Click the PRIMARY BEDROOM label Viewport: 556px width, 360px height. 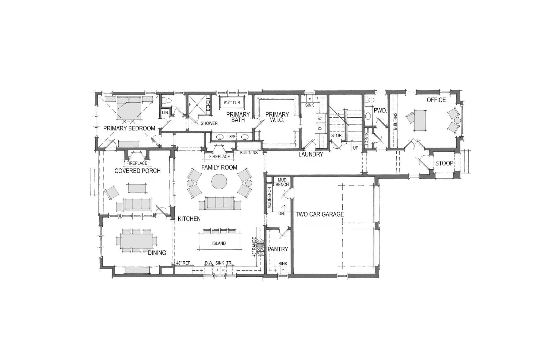click(129, 128)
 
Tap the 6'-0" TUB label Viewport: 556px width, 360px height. click(232, 103)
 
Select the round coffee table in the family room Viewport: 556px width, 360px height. click(219, 181)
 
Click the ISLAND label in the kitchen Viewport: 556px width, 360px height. click(219, 243)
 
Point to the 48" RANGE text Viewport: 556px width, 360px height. click(254, 247)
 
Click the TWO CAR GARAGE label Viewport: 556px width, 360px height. click(320, 214)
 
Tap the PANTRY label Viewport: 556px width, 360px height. click(278, 249)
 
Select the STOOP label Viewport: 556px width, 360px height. click(444, 163)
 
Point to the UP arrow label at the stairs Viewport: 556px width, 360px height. click(355, 148)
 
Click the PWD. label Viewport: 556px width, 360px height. click(380, 111)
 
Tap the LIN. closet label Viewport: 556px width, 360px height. click(165, 112)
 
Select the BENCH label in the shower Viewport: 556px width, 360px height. click(208, 104)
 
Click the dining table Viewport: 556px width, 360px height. click(137, 241)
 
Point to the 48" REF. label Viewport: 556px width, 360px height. click(183, 263)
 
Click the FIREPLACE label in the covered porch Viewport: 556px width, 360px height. click(137, 163)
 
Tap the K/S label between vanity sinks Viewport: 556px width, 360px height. click(232, 137)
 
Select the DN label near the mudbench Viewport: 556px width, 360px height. click(281, 214)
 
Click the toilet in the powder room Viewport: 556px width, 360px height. click(369, 100)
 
